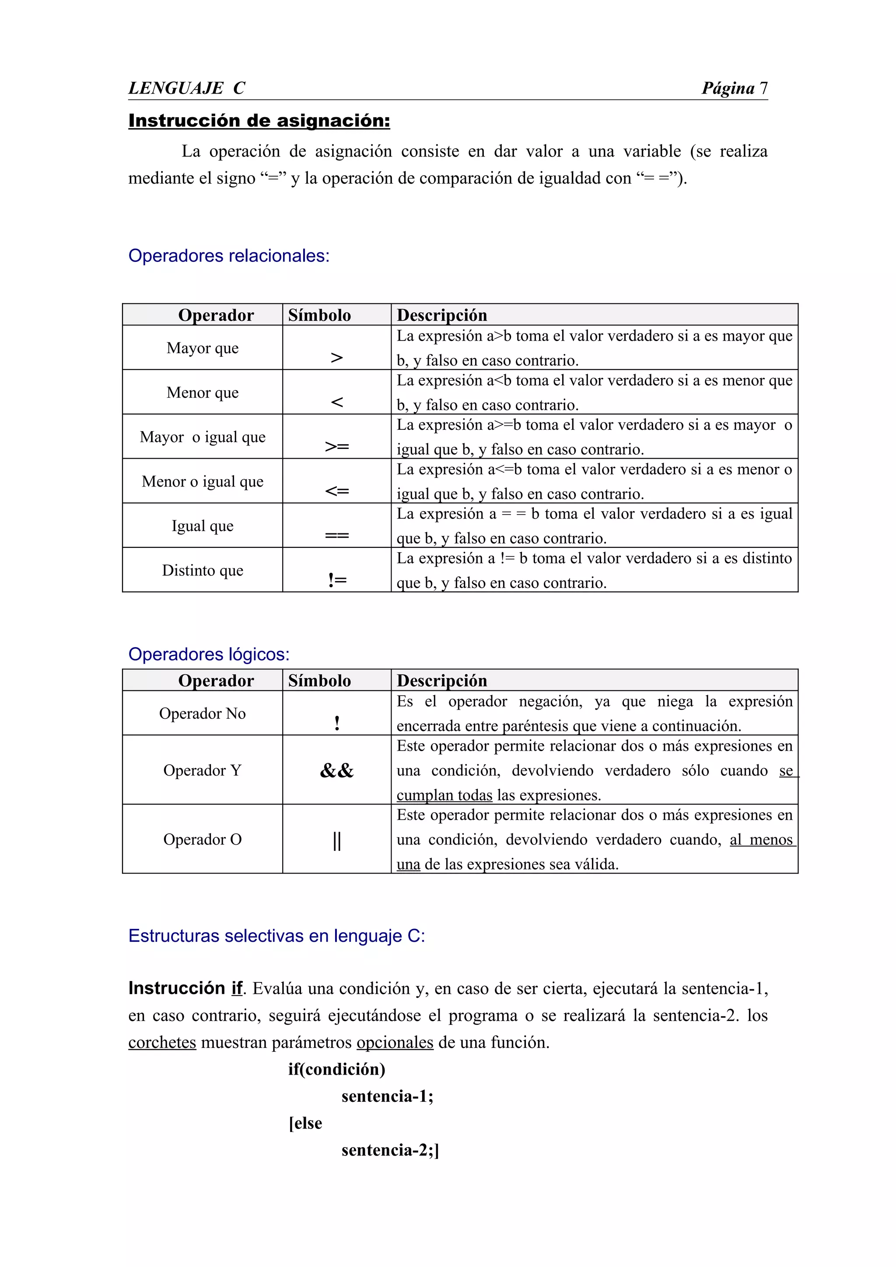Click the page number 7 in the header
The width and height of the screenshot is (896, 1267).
(763, 88)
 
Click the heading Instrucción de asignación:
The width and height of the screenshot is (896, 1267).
(259, 121)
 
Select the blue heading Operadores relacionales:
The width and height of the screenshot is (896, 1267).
(228, 256)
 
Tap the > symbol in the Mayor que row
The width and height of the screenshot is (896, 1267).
(337, 358)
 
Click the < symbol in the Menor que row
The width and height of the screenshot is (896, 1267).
(337, 402)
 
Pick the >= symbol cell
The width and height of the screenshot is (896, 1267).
(337, 446)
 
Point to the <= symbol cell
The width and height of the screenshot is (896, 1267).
(337, 491)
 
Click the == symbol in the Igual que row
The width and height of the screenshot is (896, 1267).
(337, 535)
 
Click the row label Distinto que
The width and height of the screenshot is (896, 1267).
(203, 571)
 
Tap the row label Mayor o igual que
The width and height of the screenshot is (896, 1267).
(203, 437)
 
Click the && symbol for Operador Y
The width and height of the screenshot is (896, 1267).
(337, 770)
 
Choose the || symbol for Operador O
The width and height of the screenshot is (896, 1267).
(337, 841)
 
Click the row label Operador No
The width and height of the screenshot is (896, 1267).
(203, 714)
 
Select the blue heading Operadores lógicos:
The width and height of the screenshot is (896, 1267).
(209, 654)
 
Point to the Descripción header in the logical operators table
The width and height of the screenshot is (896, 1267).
(441, 680)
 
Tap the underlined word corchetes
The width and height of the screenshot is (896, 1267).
(162, 1042)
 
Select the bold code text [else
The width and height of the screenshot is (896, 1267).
(305, 1123)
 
